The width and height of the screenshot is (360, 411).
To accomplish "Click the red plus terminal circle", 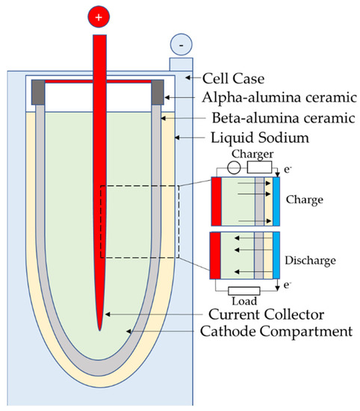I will (x=99, y=16).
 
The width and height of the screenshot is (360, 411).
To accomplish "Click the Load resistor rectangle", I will (x=245, y=290).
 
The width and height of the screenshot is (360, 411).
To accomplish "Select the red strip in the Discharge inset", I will (x=217, y=256).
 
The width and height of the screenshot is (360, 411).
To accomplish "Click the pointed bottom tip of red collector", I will (x=99, y=327).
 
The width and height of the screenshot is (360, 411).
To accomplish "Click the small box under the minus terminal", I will (x=181, y=64).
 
